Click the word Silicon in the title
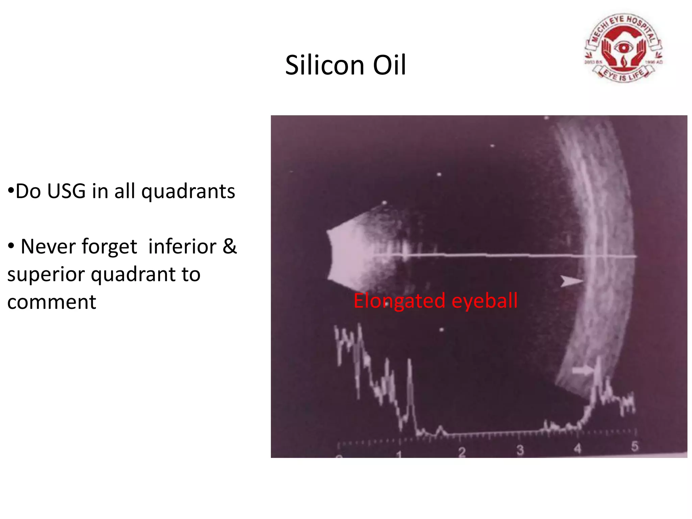tap(324, 65)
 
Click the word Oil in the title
tap(389, 65)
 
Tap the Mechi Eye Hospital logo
tap(623, 48)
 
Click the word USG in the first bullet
tap(67, 191)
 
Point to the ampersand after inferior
tap(229, 246)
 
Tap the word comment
tap(52, 302)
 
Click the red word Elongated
tap(399, 301)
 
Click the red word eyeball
tap(484, 300)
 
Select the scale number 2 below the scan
tap(462, 452)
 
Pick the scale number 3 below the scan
tap(520, 450)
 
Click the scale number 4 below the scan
tap(577, 449)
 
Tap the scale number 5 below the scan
tap(635, 446)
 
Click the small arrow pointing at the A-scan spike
tap(582, 371)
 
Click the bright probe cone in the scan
tap(348, 255)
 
